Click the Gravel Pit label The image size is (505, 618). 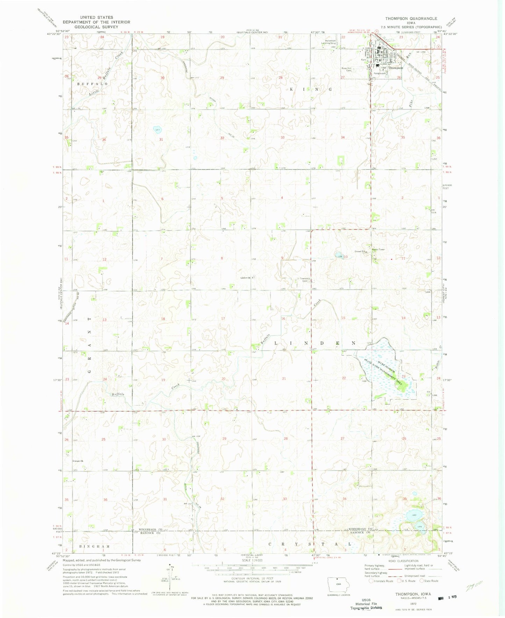click(x=360, y=251)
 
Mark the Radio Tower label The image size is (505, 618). click(x=378, y=249)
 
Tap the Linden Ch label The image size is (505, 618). click(x=245, y=278)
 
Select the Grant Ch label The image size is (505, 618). click(x=79, y=461)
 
